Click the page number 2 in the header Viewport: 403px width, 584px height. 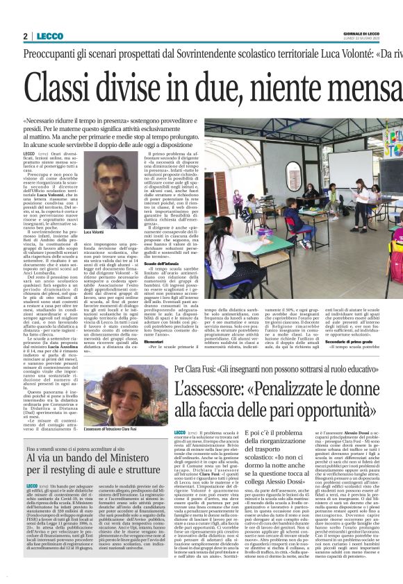25,36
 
